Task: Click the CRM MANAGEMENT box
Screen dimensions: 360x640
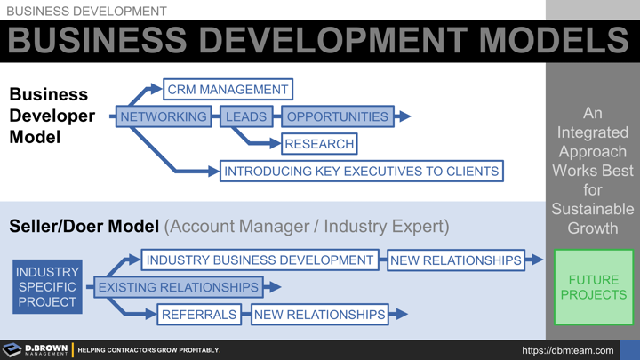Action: click(228, 90)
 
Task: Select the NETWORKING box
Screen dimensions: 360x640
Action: click(163, 116)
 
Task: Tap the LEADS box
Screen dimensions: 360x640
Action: click(246, 116)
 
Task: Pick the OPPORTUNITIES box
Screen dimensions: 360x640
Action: click(337, 116)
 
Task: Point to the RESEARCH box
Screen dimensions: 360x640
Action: click(319, 144)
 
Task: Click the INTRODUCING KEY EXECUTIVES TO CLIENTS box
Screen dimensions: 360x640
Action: click(361, 171)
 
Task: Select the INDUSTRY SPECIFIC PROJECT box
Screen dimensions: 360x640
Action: click(47, 287)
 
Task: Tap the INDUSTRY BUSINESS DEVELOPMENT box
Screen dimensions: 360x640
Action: click(260, 260)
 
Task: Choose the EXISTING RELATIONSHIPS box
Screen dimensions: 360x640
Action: click(178, 287)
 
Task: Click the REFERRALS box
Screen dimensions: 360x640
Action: click(199, 314)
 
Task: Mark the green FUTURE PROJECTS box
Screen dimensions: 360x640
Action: click(593, 287)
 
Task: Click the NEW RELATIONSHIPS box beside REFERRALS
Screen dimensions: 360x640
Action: click(320, 314)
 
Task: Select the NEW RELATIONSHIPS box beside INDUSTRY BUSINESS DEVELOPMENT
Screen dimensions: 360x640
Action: click(455, 260)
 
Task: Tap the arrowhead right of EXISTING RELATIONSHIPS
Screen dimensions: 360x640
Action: click(274, 287)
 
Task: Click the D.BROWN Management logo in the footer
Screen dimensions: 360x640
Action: click(36, 350)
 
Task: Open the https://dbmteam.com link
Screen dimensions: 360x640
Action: click(568, 351)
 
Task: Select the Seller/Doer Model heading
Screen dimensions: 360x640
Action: click(84, 227)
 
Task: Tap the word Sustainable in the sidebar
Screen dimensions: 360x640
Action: click(592, 209)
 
